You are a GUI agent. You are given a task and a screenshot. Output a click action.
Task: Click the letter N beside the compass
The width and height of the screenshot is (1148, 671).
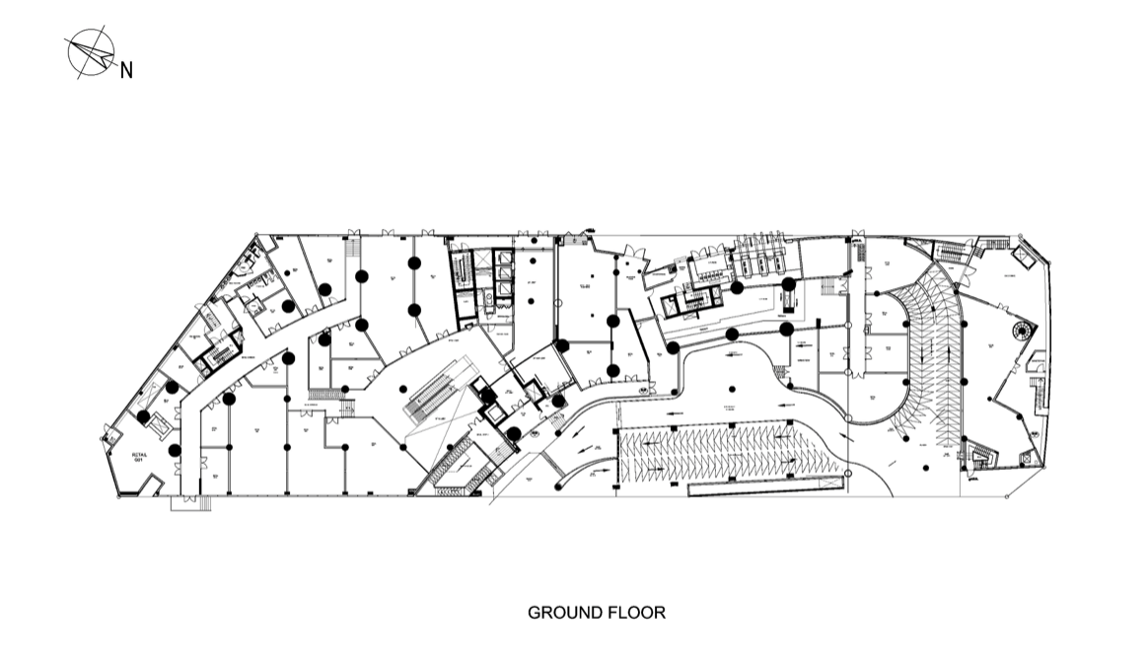point(126,70)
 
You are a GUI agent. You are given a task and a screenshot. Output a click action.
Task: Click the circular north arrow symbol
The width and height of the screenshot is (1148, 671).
point(91,51)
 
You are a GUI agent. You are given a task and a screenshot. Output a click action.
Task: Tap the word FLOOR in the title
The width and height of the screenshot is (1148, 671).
point(640,613)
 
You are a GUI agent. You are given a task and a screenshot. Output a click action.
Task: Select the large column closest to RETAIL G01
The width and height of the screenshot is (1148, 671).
point(175,451)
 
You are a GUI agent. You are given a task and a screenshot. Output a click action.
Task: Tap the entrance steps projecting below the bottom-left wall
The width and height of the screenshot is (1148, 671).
point(191,503)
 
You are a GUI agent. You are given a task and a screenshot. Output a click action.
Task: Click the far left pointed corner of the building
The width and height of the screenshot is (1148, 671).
point(104,433)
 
